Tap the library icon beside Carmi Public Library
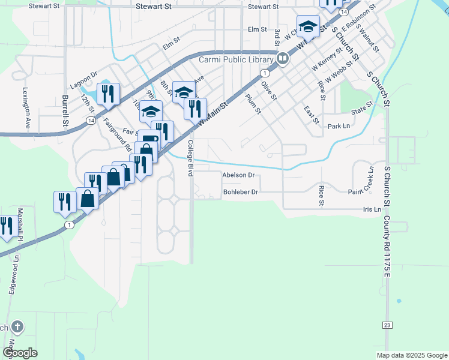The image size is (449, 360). click(282, 59)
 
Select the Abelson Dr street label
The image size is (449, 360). click(239, 175)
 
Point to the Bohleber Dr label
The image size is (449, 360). click(240, 192)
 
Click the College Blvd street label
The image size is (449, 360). click(190, 158)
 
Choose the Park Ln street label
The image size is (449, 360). click(339, 126)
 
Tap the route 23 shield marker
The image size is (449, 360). click(387, 325)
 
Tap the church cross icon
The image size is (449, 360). click(17, 327)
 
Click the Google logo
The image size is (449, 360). click(20, 352)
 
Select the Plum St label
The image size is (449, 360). click(253, 103)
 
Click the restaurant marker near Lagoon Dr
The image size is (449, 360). click(109, 94)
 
